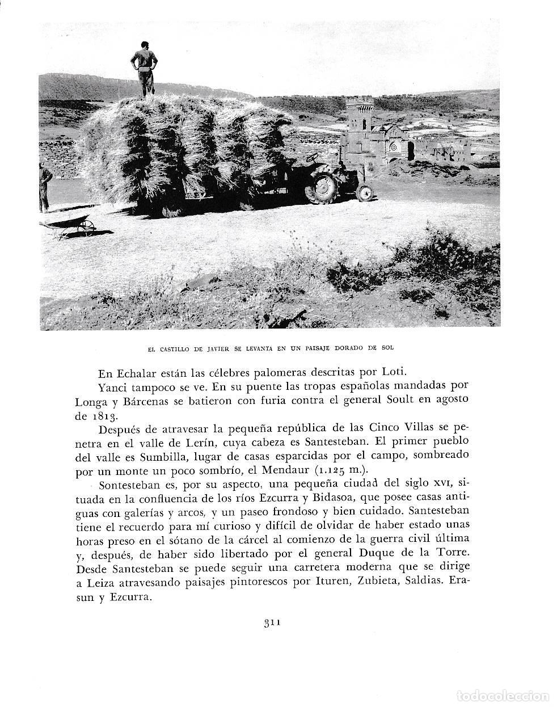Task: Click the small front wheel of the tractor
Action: click(365, 193)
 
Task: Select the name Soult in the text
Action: click(389, 400)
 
